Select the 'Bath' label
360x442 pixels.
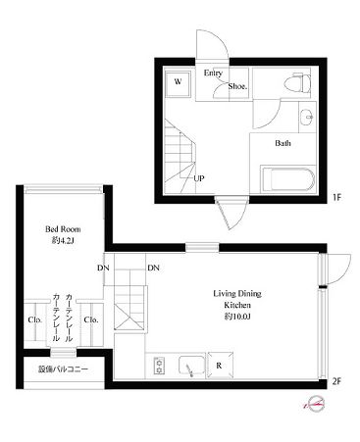click(283, 144)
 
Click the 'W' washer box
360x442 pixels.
click(179, 82)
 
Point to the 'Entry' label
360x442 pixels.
click(214, 73)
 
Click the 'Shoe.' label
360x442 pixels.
click(237, 85)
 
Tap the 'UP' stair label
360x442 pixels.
click(199, 178)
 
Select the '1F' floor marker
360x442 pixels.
click(335, 197)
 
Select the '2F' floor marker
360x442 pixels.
click(335, 381)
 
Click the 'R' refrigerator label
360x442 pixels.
click(218, 367)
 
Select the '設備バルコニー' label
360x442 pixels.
click(63, 369)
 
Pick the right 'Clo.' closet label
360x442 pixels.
click(91, 319)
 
